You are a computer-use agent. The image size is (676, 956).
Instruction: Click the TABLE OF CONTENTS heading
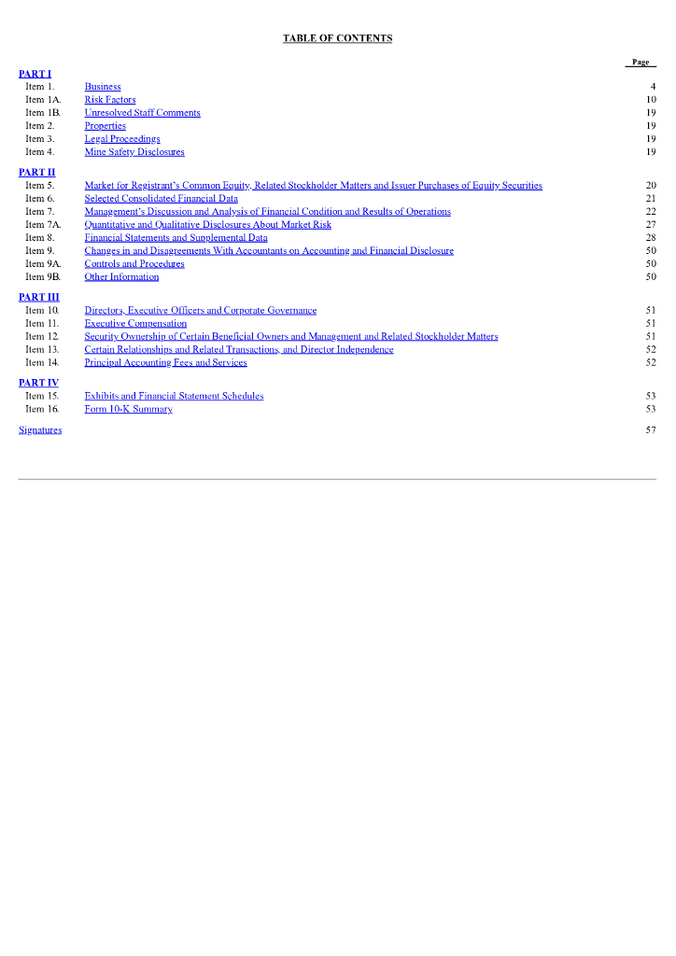point(337,38)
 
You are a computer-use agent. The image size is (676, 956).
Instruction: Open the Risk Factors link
point(110,100)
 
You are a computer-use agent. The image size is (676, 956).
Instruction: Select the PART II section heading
point(37,172)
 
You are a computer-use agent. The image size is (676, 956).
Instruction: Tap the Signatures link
point(40,429)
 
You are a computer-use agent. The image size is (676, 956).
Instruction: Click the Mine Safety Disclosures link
point(134,152)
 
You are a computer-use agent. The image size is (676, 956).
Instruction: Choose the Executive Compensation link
point(135,324)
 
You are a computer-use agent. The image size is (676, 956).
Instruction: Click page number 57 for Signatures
point(651,429)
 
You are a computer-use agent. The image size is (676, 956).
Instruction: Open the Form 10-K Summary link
point(128,409)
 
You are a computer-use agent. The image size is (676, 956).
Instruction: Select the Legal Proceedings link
point(122,139)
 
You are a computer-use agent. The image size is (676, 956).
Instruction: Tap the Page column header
point(641,62)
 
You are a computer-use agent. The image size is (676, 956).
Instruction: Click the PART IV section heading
point(38,383)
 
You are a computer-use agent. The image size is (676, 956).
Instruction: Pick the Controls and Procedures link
point(134,264)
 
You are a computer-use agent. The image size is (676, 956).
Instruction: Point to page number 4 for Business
point(654,87)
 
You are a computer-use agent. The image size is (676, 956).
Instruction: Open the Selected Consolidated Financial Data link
point(161,199)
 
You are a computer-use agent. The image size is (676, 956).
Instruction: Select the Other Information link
point(121,277)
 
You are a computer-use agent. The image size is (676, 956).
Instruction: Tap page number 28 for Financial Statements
point(651,238)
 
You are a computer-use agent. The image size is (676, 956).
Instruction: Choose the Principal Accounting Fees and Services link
point(165,363)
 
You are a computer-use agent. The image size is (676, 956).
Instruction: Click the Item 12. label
point(42,337)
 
